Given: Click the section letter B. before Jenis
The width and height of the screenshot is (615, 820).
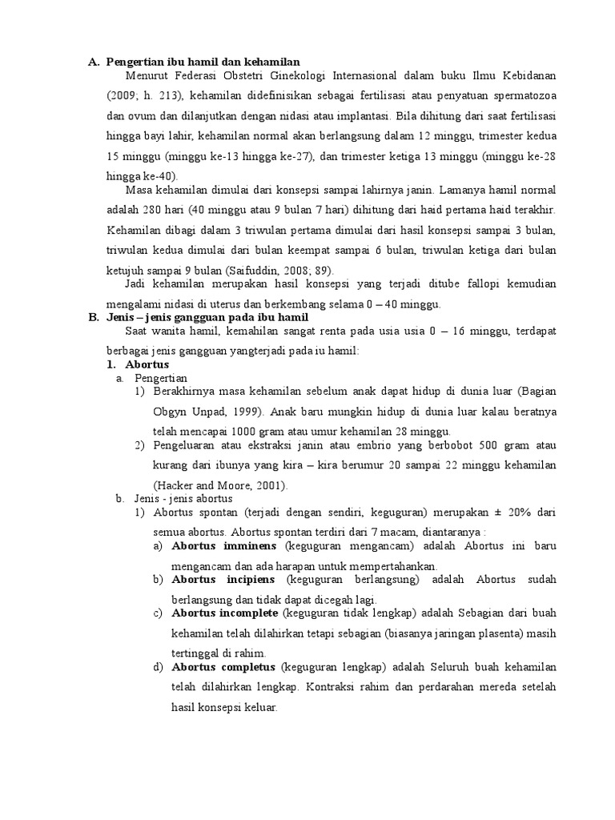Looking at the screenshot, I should (93, 317).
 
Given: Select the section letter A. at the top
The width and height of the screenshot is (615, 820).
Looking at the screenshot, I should (93, 62).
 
